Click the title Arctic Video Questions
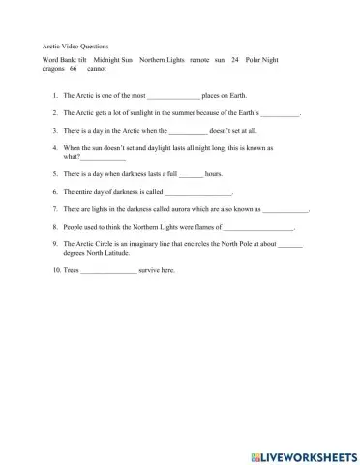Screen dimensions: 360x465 coord(75,46)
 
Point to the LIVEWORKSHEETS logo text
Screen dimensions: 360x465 coord(309,455)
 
